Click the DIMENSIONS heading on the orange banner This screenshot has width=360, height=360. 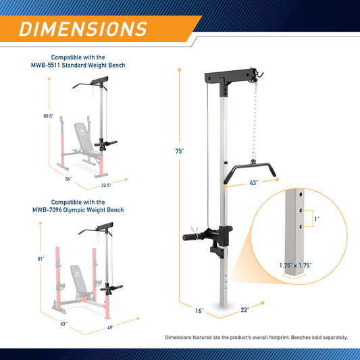point(83,29)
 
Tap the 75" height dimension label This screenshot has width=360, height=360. point(180,151)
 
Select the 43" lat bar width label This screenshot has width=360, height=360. point(254,183)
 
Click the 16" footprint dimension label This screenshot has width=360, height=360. point(199,311)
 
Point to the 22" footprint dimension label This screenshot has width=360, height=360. point(245,310)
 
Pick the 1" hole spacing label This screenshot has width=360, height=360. point(317,219)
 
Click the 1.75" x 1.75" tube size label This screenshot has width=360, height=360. point(295,265)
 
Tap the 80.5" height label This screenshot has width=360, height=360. point(49,116)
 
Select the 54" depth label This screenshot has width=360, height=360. point(68,179)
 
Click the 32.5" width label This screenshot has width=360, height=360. point(106,185)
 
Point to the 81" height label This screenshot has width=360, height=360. point(41,259)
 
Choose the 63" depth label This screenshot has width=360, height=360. point(63,324)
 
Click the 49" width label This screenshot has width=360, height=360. point(111,328)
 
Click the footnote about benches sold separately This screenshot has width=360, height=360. point(257,338)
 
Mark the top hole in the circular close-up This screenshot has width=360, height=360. point(301,195)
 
